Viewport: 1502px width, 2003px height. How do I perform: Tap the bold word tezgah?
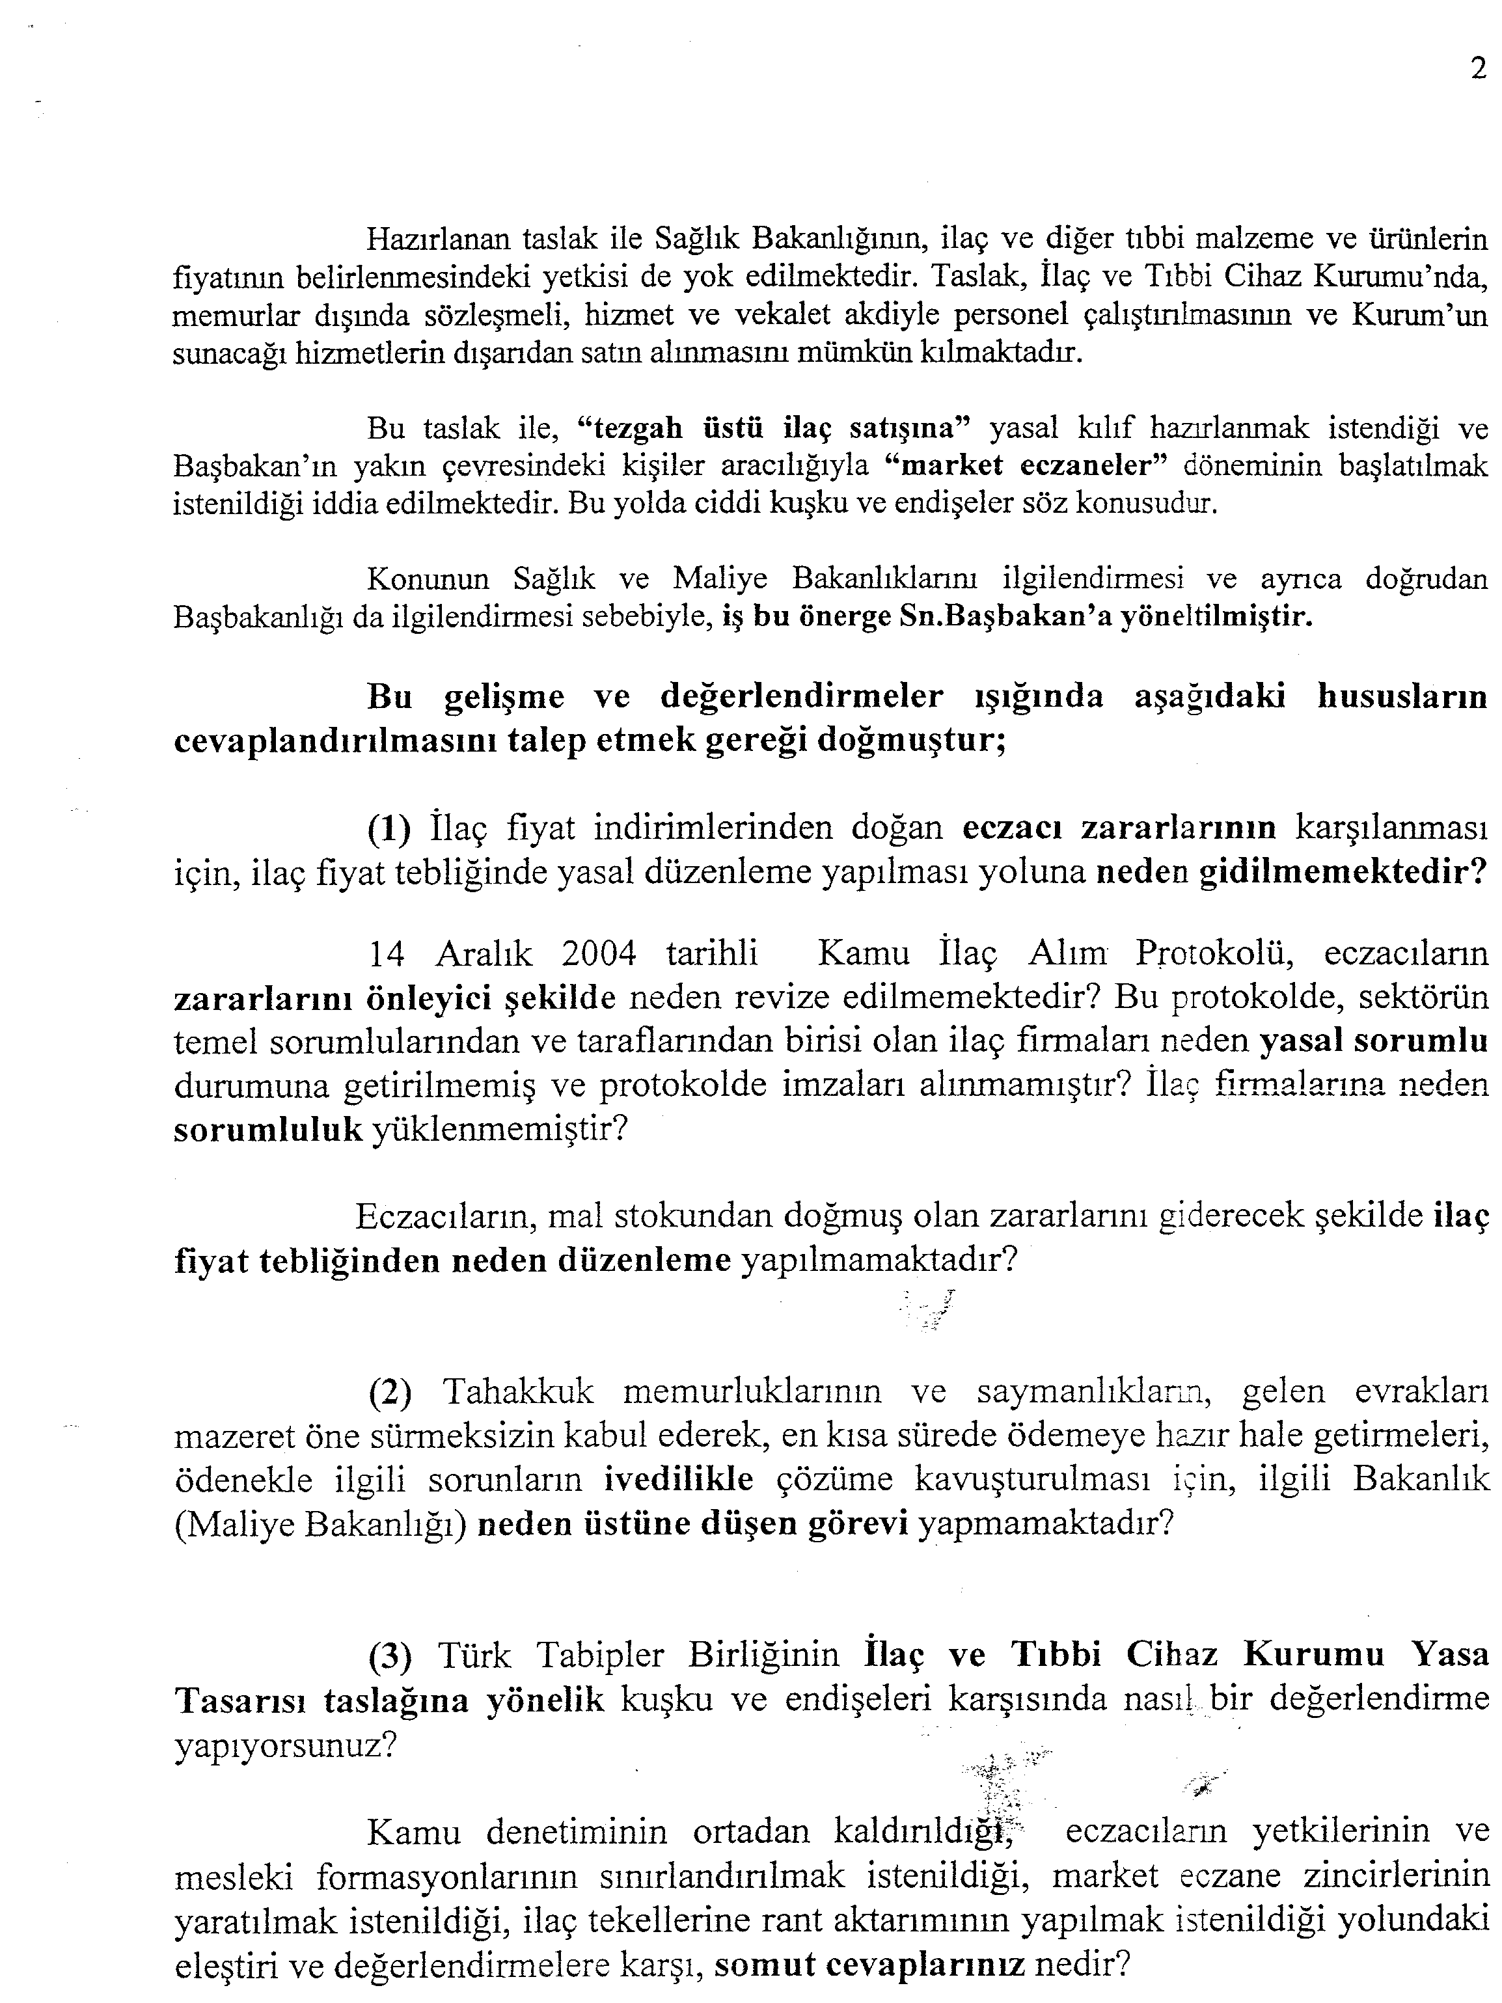point(636,426)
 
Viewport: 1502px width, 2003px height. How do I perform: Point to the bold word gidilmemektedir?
point(1344,872)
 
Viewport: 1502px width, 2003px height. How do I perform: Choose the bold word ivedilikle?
point(679,1480)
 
